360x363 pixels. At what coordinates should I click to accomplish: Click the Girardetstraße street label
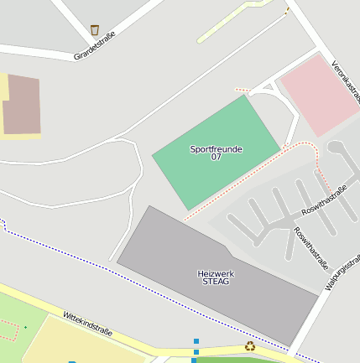tap(94, 45)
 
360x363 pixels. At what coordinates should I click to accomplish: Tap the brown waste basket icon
tap(95, 30)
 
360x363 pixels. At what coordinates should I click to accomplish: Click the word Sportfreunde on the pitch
tap(216, 149)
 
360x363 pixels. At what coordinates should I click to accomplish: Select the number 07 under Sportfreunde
tap(216, 158)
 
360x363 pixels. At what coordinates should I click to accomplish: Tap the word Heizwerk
tap(216, 273)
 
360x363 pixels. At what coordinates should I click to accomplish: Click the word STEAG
tap(216, 282)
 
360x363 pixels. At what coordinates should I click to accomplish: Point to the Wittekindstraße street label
tap(88, 324)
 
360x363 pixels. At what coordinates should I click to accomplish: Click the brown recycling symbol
tap(250, 346)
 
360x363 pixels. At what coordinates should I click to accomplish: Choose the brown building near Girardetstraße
tap(21, 105)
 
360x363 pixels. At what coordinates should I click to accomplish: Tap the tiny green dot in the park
tap(25, 326)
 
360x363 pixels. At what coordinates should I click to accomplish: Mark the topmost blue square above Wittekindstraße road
tap(196, 341)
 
